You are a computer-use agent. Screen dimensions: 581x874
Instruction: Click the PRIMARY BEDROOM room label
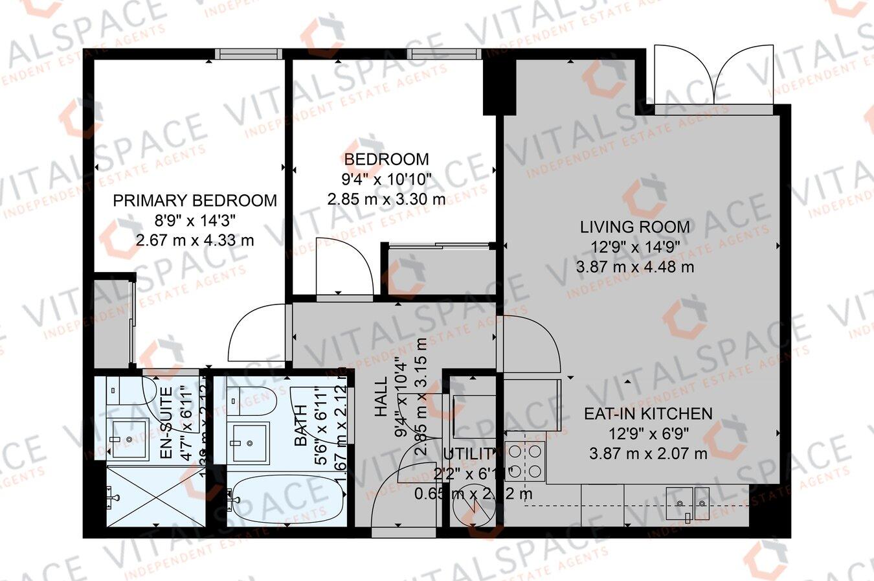(x=195, y=200)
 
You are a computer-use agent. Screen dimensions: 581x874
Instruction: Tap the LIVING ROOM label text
(x=634, y=227)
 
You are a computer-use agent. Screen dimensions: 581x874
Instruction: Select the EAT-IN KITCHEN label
(x=647, y=413)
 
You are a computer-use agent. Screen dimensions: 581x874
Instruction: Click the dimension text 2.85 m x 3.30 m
(x=387, y=199)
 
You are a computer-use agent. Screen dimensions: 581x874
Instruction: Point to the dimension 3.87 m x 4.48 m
(x=634, y=267)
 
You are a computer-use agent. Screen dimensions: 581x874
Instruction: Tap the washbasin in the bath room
(x=249, y=442)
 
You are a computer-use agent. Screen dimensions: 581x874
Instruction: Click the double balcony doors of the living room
(x=714, y=74)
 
